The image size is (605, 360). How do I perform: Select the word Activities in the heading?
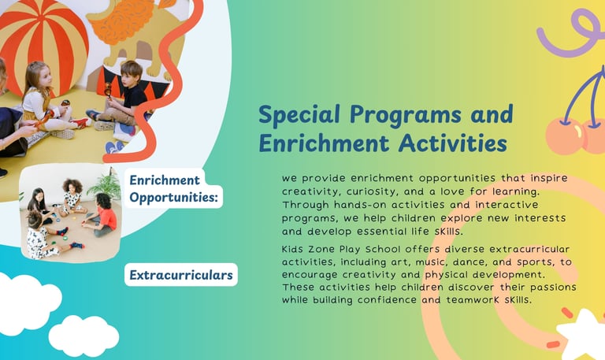(453, 143)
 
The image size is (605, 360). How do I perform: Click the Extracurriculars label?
(181, 275)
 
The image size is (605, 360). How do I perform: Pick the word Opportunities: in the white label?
(173, 198)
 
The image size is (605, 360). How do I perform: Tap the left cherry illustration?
(566, 136)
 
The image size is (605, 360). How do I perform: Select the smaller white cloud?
(84, 336)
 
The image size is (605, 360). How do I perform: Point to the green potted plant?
(106, 184)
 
